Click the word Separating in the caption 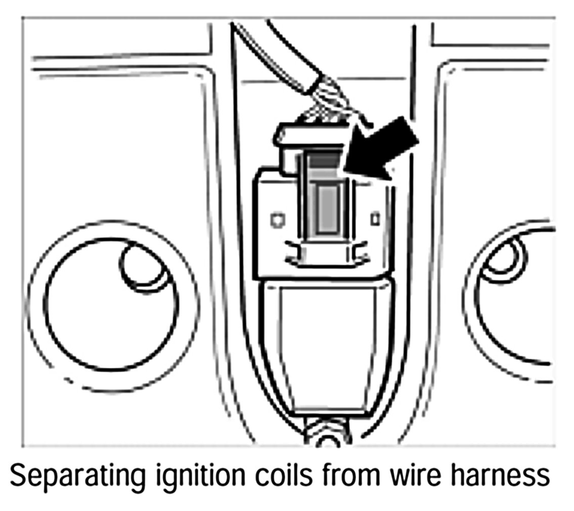tap(66, 477)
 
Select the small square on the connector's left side tap(277, 220)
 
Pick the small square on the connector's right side tap(375, 220)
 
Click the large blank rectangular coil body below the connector tap(326, 344)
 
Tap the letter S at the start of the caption tap(18, 477)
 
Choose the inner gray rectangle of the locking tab tap(327, 208)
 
